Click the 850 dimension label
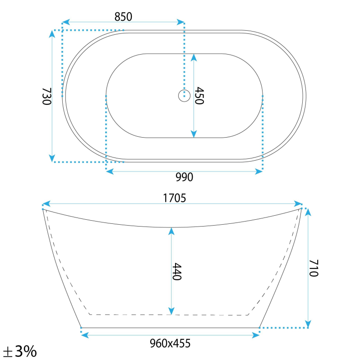coord(123,17)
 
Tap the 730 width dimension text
coord(47,96)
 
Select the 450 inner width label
coord(199,96)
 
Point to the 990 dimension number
coord(185,177)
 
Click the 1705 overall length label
coord(174,198)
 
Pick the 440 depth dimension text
coord(177,272)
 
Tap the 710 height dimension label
coord(314,268)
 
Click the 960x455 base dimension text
coord(170,343)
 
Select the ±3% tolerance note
coord(20,352)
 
